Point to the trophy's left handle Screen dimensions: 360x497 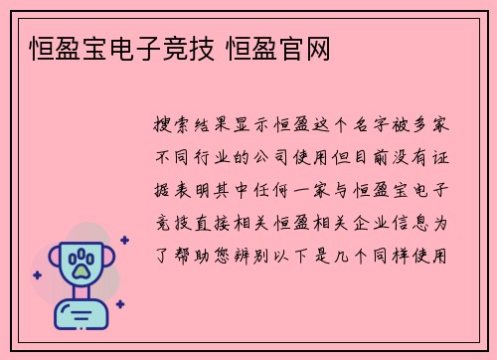click(x=48, y=264)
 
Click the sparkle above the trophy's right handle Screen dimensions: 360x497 click(x=124, y=239)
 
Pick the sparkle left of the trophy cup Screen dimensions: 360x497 click(x=37, y=274)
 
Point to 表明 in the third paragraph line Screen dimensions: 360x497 click(x=208, y=191)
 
